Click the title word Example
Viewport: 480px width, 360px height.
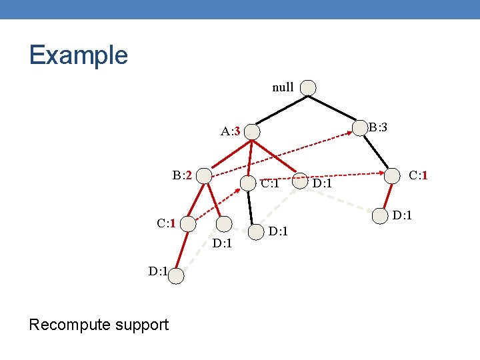pyautogui.click(x=78, y=55)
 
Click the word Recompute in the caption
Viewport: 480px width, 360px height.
pyautogui.click(x=73, y=325)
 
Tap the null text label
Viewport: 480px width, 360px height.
pyautogui.click(x=283, y=87)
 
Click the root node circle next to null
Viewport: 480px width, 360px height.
pyautogui.click(x=309, y=88)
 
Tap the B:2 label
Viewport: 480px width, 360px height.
pyautogui.click(x=182, y=175)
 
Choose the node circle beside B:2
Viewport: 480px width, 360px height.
pyautogui.click(x=204, y=176)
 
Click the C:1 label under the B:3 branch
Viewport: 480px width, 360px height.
pyautogui.click(x=418, y=175)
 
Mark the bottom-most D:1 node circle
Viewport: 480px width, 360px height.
pyautogui.click(x=175, y=275)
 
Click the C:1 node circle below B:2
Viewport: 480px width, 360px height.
pyautogui.click(x=189, y=224)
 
